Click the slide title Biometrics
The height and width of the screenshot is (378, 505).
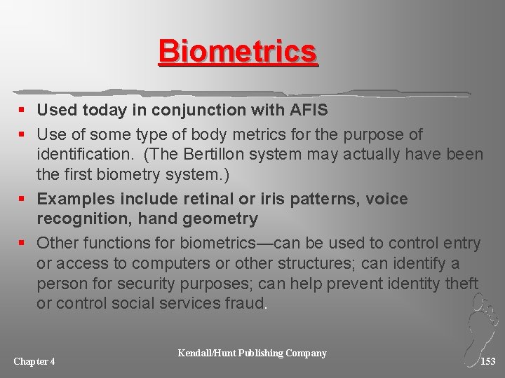[238, 52]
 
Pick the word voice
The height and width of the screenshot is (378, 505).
[384, 199]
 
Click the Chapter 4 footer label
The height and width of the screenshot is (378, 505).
[34, 361]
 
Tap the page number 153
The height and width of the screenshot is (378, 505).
[487, 361]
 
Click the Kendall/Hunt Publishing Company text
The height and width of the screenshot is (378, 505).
[252, 353]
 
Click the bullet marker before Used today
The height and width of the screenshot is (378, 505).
[24, 111]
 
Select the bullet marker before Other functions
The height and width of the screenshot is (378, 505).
[24, 244]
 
